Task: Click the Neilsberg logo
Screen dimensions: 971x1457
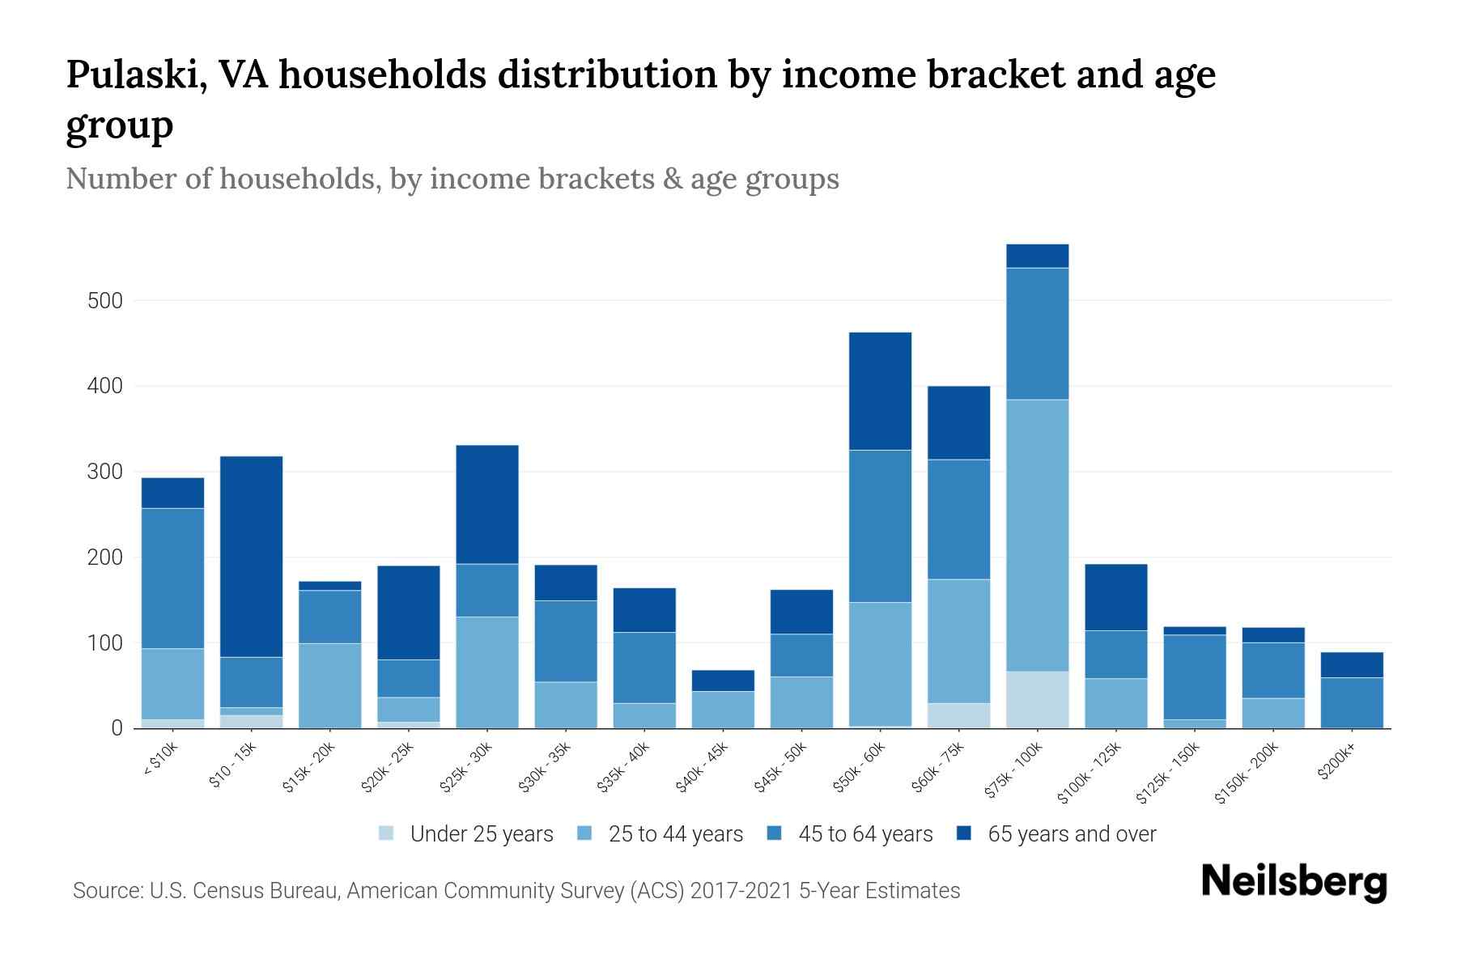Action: (1293, 883)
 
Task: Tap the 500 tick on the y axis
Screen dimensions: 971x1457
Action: (104, 301)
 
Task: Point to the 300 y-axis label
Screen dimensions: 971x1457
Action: (104, 473)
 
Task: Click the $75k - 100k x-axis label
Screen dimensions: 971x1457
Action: (1013, 774)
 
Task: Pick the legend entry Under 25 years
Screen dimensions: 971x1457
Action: (467, 834)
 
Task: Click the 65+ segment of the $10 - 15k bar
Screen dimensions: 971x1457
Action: (252, 557)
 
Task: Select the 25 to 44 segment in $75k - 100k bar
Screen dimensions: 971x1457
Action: (1037, 535)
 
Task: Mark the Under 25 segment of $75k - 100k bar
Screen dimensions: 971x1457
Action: (1037, 700)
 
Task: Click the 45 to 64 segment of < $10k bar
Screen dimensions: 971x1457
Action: (172, 579)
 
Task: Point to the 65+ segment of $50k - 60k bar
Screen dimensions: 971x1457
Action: (880, 391)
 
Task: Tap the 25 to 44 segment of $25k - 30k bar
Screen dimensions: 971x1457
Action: (487, 672)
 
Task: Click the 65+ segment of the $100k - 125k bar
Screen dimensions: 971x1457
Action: (1115, 597)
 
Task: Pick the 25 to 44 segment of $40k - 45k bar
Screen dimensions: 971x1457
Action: (723, 710)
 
